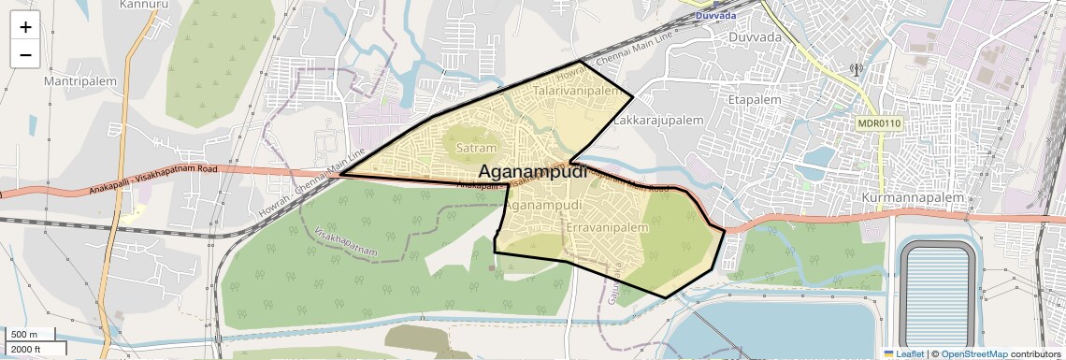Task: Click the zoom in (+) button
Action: (x=25, y=26)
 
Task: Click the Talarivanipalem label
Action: (x=577, y=92)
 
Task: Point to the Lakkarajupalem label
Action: (x=658, y=121)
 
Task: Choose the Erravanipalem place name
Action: (x=607, y=227)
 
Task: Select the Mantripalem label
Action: (x=80, y=81)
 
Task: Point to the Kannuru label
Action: (x=144, y=5)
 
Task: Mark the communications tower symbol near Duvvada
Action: (x=855, y=68)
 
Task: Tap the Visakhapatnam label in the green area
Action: (x=346, y=242)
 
